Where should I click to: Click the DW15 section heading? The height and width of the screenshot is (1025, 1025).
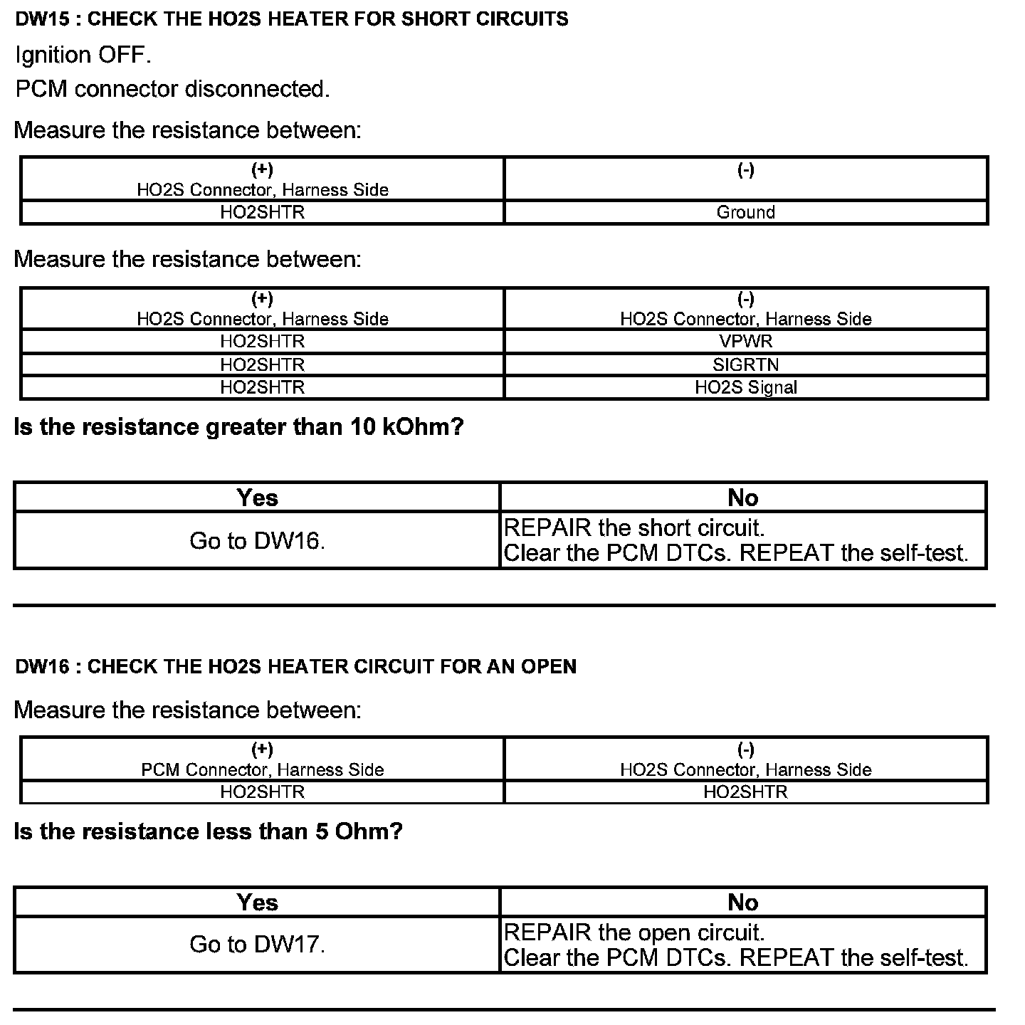(x=292, y=19)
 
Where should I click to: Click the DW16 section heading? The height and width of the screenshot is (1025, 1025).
(x=295, y=666)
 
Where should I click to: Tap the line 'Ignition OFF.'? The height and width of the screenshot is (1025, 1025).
(x=83, y=55)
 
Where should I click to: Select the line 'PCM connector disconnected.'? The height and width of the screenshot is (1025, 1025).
(x=172, y=89)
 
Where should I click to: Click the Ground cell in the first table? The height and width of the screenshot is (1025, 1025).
(x=745, y=212)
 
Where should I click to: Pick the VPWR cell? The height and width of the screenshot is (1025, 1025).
(x=745, y=341)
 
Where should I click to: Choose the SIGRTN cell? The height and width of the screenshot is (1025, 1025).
(x=745, y=364)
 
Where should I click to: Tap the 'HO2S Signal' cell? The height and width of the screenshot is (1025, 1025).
(x=745, y=387)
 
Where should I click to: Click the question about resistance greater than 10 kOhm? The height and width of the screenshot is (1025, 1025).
(x=238, y=427)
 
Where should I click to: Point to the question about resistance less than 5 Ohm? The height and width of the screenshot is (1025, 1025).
(x=208, y=831)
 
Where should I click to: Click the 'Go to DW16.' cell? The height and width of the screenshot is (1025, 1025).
(x=257, y=541)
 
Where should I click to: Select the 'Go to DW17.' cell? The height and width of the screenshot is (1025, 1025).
(x=257, y=945)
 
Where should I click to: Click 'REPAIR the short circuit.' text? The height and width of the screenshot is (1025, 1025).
(x=634, y=528)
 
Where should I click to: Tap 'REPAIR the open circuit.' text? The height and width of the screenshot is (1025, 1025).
(x=634, y=932)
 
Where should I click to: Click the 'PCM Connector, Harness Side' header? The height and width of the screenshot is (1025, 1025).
(x=262, y=769)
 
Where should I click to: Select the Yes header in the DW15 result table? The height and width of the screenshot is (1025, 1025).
(x=257, y=498)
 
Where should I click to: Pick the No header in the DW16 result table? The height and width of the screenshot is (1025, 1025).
(x=742, y=903)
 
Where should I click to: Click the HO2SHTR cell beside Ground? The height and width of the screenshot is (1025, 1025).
(x=262, y=212)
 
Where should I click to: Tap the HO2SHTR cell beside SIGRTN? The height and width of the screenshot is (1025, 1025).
(x=262, y=364)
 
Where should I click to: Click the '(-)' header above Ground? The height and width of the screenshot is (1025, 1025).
(x=745, y=169)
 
